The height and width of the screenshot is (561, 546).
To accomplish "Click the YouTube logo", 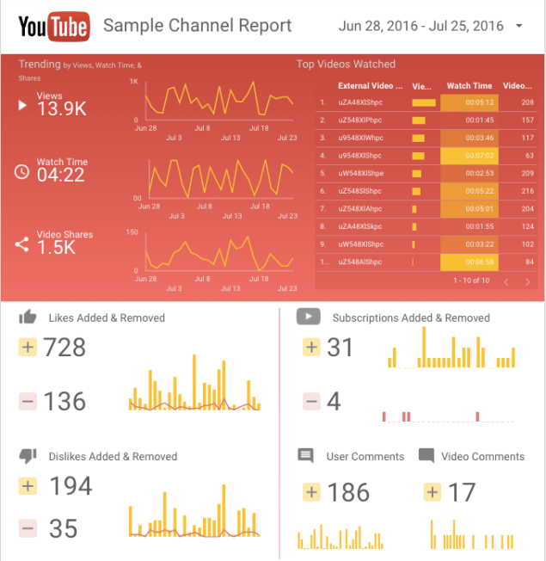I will [53, 26].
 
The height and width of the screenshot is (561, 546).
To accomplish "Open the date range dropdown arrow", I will [519, 26].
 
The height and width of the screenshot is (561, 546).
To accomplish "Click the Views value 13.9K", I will [61, 109].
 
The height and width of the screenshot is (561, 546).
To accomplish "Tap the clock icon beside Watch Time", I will [22, 171].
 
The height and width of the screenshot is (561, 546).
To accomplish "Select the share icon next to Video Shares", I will [22, 244].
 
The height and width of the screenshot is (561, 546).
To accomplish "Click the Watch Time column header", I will [469, 86].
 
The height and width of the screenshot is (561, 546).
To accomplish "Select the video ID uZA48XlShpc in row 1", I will [360, 102].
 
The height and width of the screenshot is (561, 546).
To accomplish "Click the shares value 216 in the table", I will [527, 191].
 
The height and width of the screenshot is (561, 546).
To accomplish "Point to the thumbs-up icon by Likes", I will [28, 317].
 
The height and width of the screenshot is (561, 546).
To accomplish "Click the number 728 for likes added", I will [66, 348].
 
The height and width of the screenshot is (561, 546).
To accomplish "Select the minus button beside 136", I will [28, 401].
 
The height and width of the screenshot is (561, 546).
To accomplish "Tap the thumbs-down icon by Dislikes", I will [28, 456].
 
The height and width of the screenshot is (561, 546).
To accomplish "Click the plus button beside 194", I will [28, 486].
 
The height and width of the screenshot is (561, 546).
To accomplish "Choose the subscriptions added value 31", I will [340, 348].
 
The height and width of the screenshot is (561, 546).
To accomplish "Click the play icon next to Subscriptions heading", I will [308, 317].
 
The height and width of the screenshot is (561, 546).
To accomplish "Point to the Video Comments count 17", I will [462, 492].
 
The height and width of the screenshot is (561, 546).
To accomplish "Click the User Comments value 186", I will [348, 492].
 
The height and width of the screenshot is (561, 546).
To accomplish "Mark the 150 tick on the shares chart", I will [132, 232].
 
